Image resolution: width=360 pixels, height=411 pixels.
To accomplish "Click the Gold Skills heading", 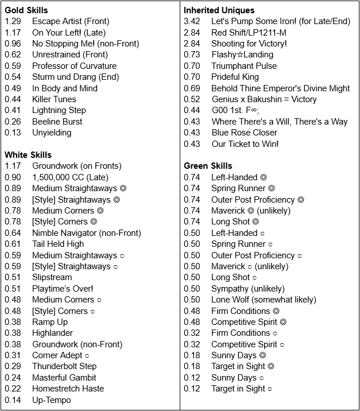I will [26, 10].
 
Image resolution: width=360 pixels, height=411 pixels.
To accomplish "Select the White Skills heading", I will [28, 155].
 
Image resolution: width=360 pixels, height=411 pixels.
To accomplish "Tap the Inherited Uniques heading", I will [219, 10].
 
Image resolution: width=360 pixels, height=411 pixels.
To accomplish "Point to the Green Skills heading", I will [208, 166].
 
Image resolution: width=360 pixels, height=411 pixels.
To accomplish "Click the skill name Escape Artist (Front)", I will [70, 21].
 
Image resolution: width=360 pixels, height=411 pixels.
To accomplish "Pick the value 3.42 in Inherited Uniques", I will [192, 21].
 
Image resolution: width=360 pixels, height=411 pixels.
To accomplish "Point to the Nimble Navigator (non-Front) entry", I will [86, 233].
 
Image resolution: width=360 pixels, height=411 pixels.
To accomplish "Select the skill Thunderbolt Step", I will [64, 366].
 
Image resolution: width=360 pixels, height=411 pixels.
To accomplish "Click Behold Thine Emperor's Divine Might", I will [280, 88].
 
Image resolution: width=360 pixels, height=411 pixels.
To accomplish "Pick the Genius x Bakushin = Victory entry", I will [264, 99].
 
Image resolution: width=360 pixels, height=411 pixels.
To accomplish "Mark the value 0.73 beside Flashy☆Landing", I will [192, 55].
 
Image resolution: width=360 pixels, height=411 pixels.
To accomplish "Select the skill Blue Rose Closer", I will [244, 133].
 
